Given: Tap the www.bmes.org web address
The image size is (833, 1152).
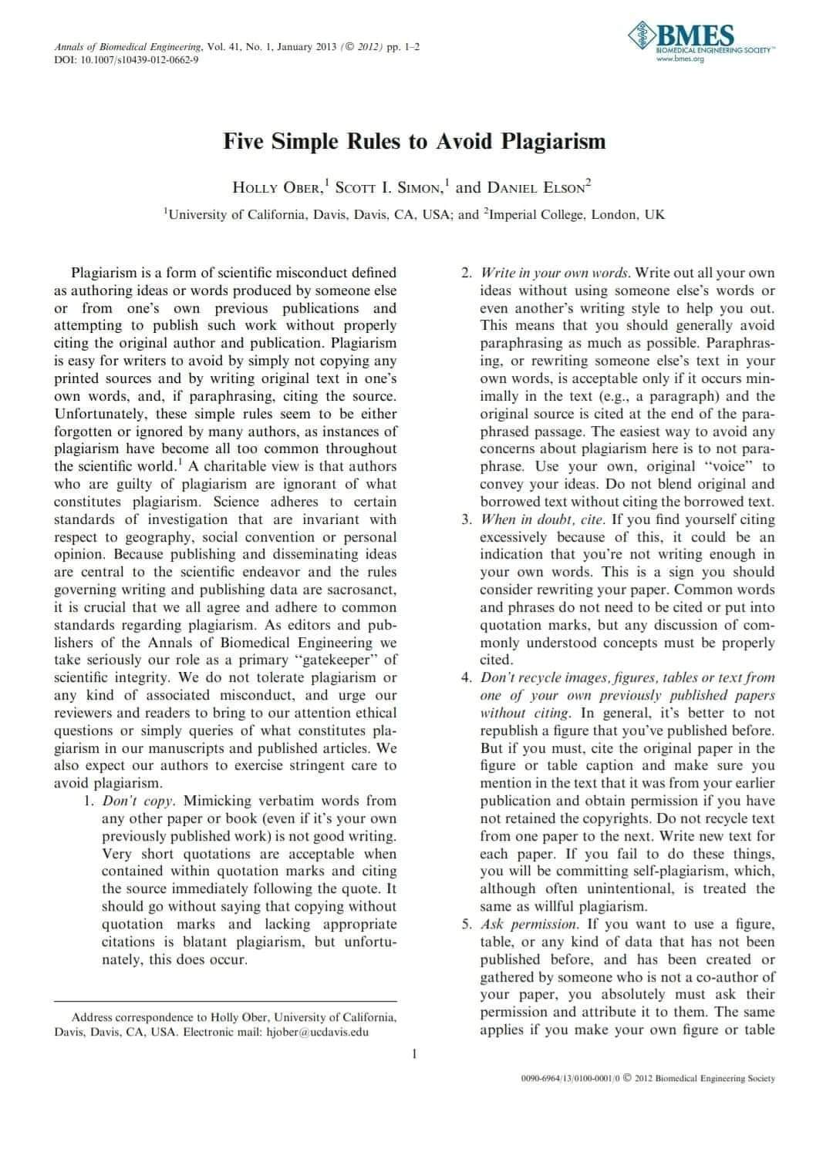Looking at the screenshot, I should (680, 58).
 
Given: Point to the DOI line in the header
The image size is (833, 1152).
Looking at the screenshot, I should (126, 60).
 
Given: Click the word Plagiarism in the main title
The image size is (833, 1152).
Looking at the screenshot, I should (554, 142).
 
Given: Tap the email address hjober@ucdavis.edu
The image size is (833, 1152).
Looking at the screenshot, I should (317, 1032).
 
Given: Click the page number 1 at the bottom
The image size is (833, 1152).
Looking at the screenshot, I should (415, 1053).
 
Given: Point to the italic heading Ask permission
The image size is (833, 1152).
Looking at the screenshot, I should (528, 924).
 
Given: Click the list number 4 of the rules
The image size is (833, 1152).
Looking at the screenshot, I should (466, 677).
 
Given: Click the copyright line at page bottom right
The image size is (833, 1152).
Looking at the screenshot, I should (648, 1079).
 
